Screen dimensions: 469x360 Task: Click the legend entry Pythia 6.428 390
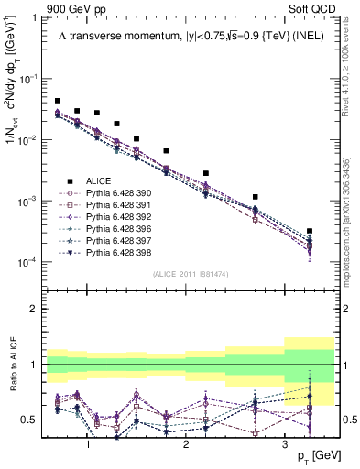pyautogui.click(x=115, y=193)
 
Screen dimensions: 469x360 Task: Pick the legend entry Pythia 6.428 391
pyautogui.click(x=115, y=205)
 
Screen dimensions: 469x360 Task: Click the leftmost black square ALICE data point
pyautogui.click(x=58, y=101)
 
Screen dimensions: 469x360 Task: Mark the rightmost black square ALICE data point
pyautogui.click(x=310, y=231)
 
